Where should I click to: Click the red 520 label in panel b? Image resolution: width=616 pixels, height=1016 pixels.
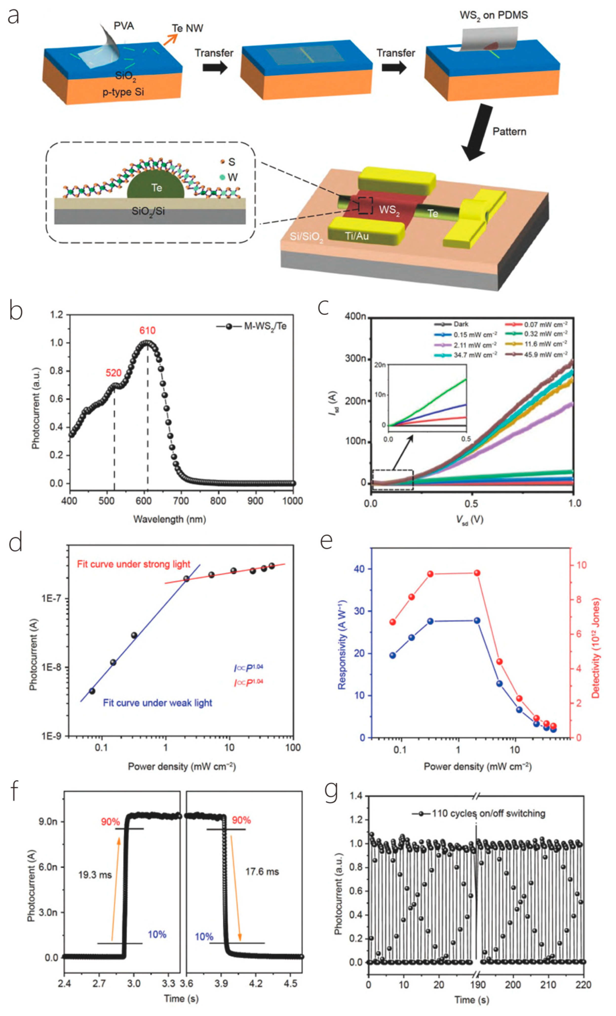[114, 373]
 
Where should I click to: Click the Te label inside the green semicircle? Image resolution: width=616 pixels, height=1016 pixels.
[156, 188]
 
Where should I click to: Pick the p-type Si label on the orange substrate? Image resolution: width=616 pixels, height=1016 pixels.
[123, 91]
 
